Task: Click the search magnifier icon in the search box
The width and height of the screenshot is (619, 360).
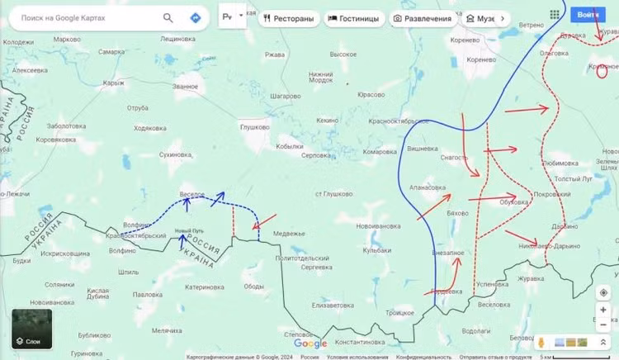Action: (168, 17)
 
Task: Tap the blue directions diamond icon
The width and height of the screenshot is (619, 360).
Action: (196, 17)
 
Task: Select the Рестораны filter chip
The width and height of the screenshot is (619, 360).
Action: (287, 18)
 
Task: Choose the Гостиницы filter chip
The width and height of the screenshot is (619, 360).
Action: (354, 18)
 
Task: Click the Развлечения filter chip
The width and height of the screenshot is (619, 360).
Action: (423, 18)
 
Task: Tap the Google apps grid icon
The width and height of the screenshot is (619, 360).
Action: (554, 14)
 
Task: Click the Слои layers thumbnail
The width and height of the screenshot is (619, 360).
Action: (32, 328)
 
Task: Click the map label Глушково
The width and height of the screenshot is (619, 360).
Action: (254, 127)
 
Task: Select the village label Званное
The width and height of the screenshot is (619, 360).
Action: (186, 86)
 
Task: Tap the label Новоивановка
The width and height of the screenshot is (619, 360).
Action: (378, 225)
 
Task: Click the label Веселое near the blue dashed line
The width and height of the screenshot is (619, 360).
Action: (192, 194)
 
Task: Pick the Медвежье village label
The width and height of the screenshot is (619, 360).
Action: (289, 234)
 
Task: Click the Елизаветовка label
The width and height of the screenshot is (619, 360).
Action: (333, 305)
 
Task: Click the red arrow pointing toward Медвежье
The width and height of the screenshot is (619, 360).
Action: (264, 222)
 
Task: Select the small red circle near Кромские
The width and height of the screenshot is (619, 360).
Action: (602, 71)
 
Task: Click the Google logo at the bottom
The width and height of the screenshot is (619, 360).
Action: (310, 343)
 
